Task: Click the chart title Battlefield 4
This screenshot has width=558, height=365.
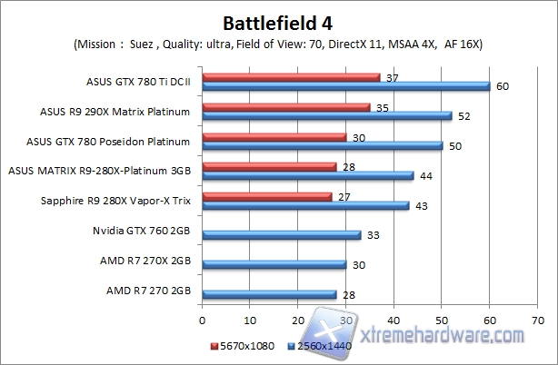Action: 280,21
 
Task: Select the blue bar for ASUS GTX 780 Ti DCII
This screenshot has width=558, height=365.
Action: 346,86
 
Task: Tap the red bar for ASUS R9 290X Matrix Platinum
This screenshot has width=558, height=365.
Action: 286,107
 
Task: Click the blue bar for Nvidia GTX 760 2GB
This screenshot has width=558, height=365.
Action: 282,235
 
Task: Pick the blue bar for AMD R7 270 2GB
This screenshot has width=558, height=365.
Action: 270,294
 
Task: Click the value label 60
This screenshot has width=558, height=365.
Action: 501,86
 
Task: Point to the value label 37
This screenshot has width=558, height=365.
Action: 392,78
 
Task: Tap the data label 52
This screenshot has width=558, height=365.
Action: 463,116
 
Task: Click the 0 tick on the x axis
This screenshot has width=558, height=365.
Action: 203,320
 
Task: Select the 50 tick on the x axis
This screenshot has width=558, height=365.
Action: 442,320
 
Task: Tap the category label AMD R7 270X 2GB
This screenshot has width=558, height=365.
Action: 145,261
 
